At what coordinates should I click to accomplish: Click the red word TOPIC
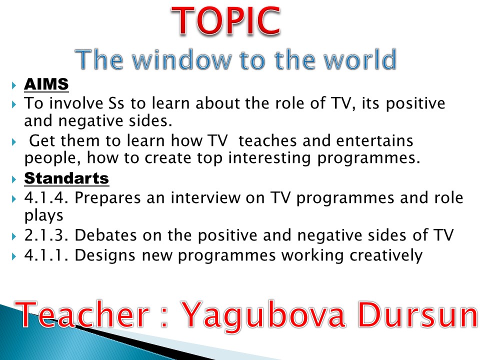(226, 21)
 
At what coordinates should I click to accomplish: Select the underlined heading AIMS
(46, 84)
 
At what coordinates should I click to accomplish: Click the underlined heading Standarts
(66, 178)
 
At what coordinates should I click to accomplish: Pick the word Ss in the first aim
(116, 103)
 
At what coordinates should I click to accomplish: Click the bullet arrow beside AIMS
(14, 85)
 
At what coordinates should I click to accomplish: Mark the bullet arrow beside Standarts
(14, 179)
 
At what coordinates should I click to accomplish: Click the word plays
(44, 215)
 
